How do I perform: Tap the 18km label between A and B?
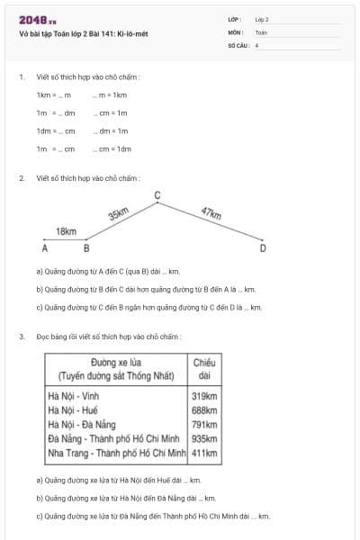[67, 231]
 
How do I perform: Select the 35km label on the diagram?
[118, 214]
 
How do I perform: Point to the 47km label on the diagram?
[211, 213]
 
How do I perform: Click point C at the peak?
[157, 195]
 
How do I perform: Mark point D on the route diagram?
[262, 247]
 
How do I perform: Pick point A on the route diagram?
[44, 247]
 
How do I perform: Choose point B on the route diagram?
[86, 247]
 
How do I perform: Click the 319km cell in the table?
[205, 395]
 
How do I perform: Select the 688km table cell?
[205, 409]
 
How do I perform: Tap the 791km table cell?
[205, 424]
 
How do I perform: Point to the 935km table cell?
[205, 438]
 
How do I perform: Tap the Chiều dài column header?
[204, 368]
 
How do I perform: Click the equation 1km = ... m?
[54, 94]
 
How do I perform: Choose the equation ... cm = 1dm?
[112, 148]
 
